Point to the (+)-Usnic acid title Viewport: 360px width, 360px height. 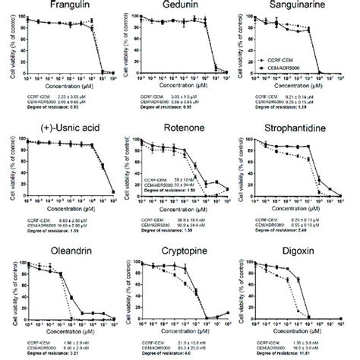(59, 125)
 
